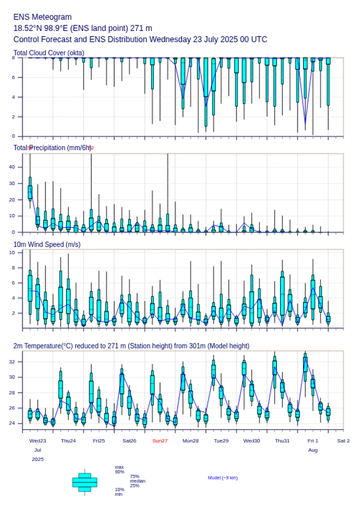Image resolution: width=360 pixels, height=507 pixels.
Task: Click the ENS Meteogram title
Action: point(43,17)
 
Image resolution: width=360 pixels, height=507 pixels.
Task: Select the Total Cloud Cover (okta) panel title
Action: point(49,53)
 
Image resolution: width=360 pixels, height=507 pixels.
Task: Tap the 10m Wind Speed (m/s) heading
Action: point(47,244)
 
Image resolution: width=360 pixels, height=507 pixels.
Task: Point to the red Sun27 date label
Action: point(160,441)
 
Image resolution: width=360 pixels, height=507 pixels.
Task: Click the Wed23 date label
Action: point(38,441)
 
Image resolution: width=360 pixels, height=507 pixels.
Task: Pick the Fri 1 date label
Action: point(313,441)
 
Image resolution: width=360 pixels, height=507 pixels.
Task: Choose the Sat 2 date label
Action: point(343,441)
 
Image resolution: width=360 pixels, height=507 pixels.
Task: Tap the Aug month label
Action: point(313,450)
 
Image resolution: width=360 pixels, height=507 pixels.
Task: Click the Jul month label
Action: point(38,450)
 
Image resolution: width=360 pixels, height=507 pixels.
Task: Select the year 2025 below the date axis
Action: point(38,459)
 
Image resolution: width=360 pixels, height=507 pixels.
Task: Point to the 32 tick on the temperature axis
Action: point(19,361)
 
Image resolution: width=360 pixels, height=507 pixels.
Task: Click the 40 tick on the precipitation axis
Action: point(19,167)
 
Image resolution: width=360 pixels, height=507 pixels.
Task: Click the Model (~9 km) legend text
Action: point(223,478)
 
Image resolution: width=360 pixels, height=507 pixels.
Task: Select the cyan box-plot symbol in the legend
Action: point(85,482)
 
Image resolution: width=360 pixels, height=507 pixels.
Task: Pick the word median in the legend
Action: point(137,481)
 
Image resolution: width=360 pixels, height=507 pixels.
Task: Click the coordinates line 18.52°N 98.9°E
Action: point(83,28)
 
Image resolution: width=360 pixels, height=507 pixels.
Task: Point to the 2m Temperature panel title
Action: point(131,346)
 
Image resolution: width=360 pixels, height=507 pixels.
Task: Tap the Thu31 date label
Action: point(282,441)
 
